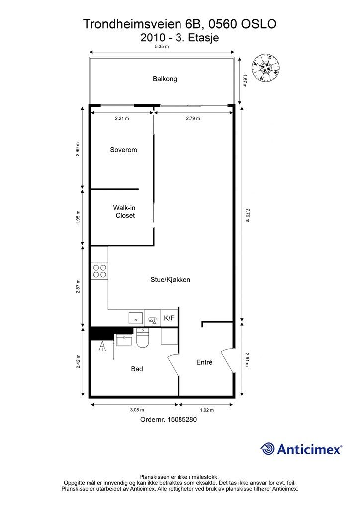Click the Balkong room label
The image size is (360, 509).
[165, 79]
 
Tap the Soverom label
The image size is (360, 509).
[123, 150]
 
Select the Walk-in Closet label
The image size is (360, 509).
[124, 212]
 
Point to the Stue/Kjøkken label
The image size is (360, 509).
[170, 280]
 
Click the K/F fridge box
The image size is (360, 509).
[169, 318]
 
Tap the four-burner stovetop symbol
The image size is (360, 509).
[99, 271]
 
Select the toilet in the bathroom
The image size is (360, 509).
[143, 338]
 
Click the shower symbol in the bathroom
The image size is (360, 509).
[102, 346]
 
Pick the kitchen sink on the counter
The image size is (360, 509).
[136, 318]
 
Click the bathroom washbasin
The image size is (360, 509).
[124, 340]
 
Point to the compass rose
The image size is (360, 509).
[266, 68]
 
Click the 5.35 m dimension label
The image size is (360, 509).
[162, 46]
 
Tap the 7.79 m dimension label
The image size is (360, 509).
[247, 215]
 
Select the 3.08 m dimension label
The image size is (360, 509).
[137, 410]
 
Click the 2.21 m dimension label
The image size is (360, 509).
[122, 118]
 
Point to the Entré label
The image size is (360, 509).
[204, 362]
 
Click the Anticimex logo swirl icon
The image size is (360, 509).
[268, 449]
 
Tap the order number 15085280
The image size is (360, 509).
[182, 419]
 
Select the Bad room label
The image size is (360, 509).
[137, 369]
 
